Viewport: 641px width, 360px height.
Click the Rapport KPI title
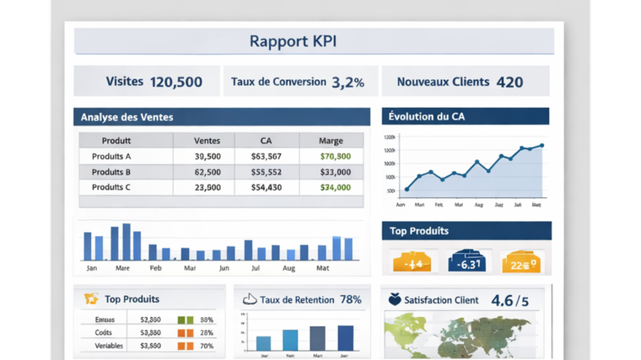(293, 41)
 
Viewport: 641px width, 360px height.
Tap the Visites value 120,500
(176, 82)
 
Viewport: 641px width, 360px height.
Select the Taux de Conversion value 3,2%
(347, 82)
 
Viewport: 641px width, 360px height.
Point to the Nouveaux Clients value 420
(509, 82)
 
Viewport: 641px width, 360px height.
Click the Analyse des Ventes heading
(127, 117)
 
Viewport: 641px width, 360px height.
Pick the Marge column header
(331, 141)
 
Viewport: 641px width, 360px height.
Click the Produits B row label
(111, 172)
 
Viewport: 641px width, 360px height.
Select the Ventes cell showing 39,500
(207, 156)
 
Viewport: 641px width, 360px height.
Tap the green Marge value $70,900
(336, 156)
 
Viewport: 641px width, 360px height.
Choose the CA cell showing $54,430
(267, 187)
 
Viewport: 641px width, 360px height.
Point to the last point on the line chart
(541, 145)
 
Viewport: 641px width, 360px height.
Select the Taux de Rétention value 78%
(350, 299)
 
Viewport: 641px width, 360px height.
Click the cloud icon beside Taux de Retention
(249, 299)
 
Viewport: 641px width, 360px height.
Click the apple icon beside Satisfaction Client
(395, 299)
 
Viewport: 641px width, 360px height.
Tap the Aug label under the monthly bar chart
(288, 268)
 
